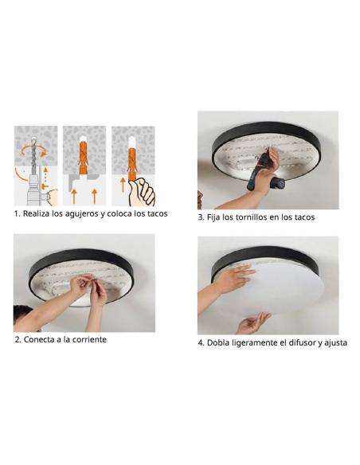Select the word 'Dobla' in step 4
coord(221,343)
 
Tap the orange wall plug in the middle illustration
coord(84,158)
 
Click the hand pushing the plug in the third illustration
coord(142,191)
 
